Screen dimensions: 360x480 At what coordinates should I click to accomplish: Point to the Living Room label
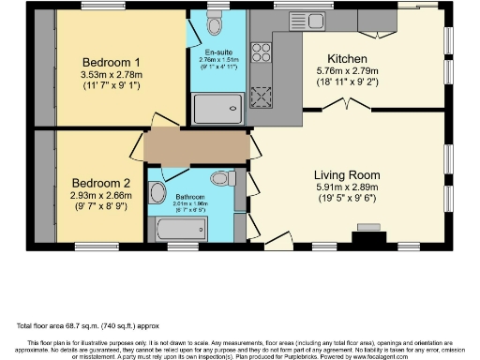[x=347, y=174]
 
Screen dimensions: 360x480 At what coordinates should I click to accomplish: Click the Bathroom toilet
[x=222, y=177]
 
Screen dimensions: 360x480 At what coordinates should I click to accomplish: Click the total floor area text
[x=81, y=325]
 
